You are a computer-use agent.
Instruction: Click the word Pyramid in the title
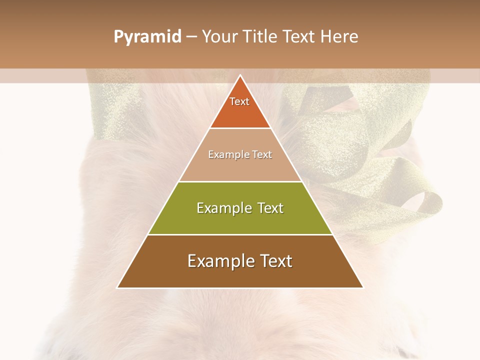tap(147, 37)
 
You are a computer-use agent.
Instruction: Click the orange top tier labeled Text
tap(240, 112)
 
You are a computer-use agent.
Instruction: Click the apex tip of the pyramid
tap(240, 76)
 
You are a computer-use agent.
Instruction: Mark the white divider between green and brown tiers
tap(240, 234)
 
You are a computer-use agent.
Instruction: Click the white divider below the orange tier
tap(240, 128)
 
